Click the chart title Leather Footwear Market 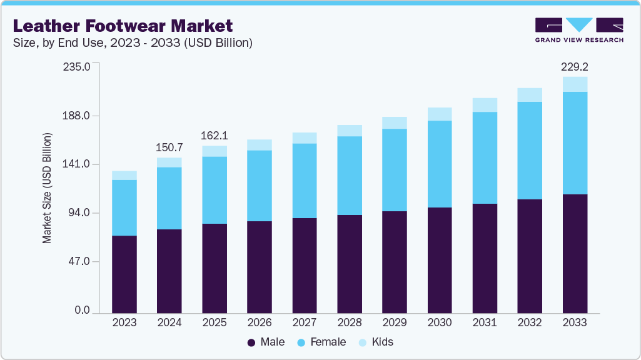(123, 26)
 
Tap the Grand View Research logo (578, 29)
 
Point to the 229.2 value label (575, 66)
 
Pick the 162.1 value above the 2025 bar (215, 136)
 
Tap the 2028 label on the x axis (350, 323)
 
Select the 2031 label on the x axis (485, 323)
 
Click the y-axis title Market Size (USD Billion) (47, 188)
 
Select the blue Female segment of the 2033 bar (575, 143)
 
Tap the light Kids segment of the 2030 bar (440, 114)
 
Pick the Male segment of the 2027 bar (305, 265)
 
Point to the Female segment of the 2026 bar (260, 186)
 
